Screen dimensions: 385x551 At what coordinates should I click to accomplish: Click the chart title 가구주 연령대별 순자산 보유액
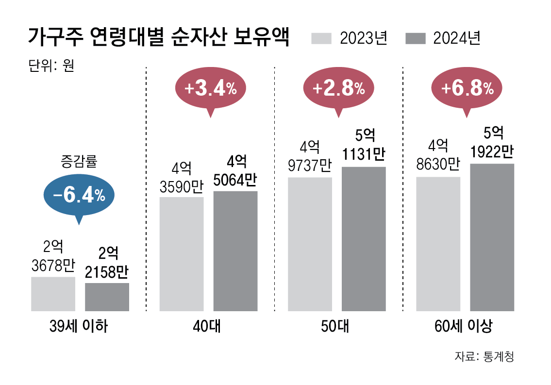click(x=159, y=37)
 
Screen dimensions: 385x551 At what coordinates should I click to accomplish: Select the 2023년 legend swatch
click(x=321, y=38)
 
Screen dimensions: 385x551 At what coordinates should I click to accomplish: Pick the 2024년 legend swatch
click(x=415, y=38)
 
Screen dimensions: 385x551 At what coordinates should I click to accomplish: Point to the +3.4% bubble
click(x=210, y=89)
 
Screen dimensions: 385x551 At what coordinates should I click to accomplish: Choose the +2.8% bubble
click(x=339, y=89)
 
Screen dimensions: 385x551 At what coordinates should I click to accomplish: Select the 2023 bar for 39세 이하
click(x=53, y=294)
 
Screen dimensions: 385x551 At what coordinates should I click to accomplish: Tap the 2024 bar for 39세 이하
click(x=107, y=297)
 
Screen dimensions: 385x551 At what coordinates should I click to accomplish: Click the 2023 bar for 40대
click(x=182, y=254)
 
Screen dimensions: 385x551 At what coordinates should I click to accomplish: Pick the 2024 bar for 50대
click(x=364, y=239)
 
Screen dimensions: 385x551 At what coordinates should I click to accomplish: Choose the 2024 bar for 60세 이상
click(x=492, y=237)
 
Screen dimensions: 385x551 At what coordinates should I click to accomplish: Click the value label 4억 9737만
click(x=309, y=156)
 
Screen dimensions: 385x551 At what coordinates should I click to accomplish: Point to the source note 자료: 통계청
click(x=484, y=356)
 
